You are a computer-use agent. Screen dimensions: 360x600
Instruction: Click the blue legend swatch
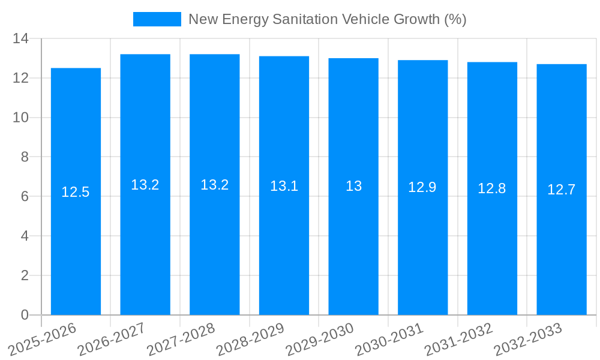pyautogui.click(x=157, y=19)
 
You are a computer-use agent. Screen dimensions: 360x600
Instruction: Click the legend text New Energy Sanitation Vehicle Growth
pyautogui.click(x=327, y=19)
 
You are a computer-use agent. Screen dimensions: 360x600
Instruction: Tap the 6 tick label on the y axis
pyautogui.click(x=24, y=196)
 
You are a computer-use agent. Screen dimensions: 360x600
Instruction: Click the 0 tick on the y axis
pyautogui.click(x=24, y=315)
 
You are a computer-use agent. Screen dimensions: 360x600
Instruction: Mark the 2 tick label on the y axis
pyautogui.click(x=24, y=275)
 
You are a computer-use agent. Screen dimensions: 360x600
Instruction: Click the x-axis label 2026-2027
pyautogui.click(x=112, y=339)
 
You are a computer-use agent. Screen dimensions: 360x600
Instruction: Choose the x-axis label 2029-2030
pyautogui.click(x=320, y=339)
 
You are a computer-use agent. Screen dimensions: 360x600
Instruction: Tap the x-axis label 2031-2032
pyautogui.click(x=459, y=339)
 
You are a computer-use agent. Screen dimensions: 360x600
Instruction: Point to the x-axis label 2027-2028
pyautogui.click(x=181, y=339)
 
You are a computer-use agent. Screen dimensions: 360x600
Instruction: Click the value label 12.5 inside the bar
pyautogui.click(x=76, y=192)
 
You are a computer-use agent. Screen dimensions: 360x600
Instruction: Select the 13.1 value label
pyautogui.click(x=284, y=186)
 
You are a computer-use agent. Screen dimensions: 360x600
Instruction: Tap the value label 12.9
pyautogui.click(x=422, y=187)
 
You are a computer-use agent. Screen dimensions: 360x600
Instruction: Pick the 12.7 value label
pyautogui.click(x=562, y=190)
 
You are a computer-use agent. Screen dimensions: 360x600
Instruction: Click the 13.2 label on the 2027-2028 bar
pyautogui.click(x=215, y=185)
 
